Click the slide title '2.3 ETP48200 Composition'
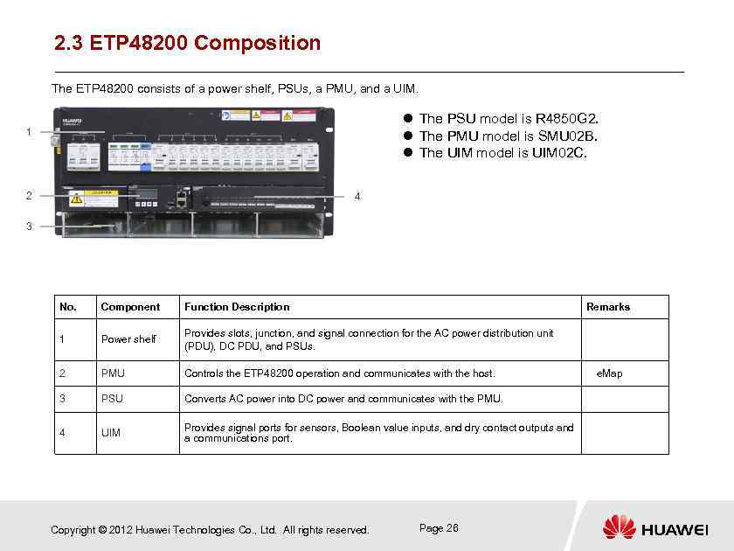click(187, 43)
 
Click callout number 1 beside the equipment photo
click(29, 132)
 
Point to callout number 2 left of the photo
click(29, 195)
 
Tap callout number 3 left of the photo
click(29, 227)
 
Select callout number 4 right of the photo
click(357, 196)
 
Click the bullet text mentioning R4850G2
click(509, 118)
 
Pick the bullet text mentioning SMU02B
click(508, 136)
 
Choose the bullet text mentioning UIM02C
click(503, 153)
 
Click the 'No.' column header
click(67, 307)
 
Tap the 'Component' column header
click(130, 307)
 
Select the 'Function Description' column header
click(237, 307)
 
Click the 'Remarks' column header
click(608, 307)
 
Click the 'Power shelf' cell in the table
click(128, 339)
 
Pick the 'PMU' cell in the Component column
click(113, 373)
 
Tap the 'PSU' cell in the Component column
click(112, 399)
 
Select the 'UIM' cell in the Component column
click(111, 433)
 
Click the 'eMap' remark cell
click(609, 373)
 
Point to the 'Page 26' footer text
click(439, 528)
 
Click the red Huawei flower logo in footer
click(619, 527)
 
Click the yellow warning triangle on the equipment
click(76, 199)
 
